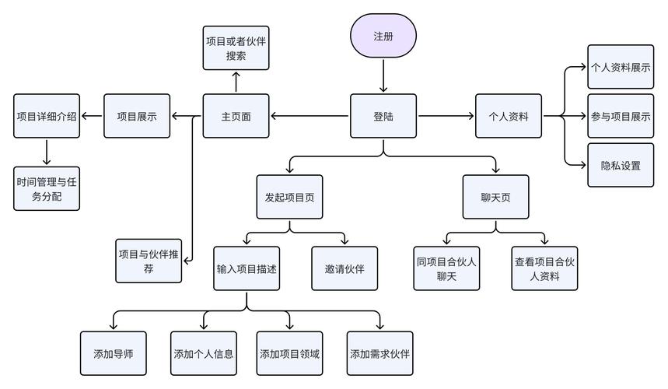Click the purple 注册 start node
click(x=383, y=36)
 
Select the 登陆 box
click(x=383, y=117)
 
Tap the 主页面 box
click(x=236, y=117)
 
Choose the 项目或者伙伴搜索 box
click(x=236, y=47)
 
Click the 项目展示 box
click(x=137, y=117)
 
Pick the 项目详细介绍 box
click(x=47, y=117)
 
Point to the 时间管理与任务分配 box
click(x=47, y=189)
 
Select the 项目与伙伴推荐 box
click(x=149, y=261)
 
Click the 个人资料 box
click(x=509, y=117)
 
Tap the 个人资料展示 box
click(x=620, y=68)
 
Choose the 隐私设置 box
click(x=620, y=165)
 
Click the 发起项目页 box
click(x=289, y=197)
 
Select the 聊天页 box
click(x=495, y=197)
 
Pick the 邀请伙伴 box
click(x=344, y=268)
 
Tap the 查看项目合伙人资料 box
click(x=544, y=268)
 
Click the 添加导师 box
click(x=114, y=353)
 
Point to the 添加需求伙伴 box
click(x=380, y=353)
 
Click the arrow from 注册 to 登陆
click(x=383, y=76)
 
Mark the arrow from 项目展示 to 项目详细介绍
click(x=93, y=117)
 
